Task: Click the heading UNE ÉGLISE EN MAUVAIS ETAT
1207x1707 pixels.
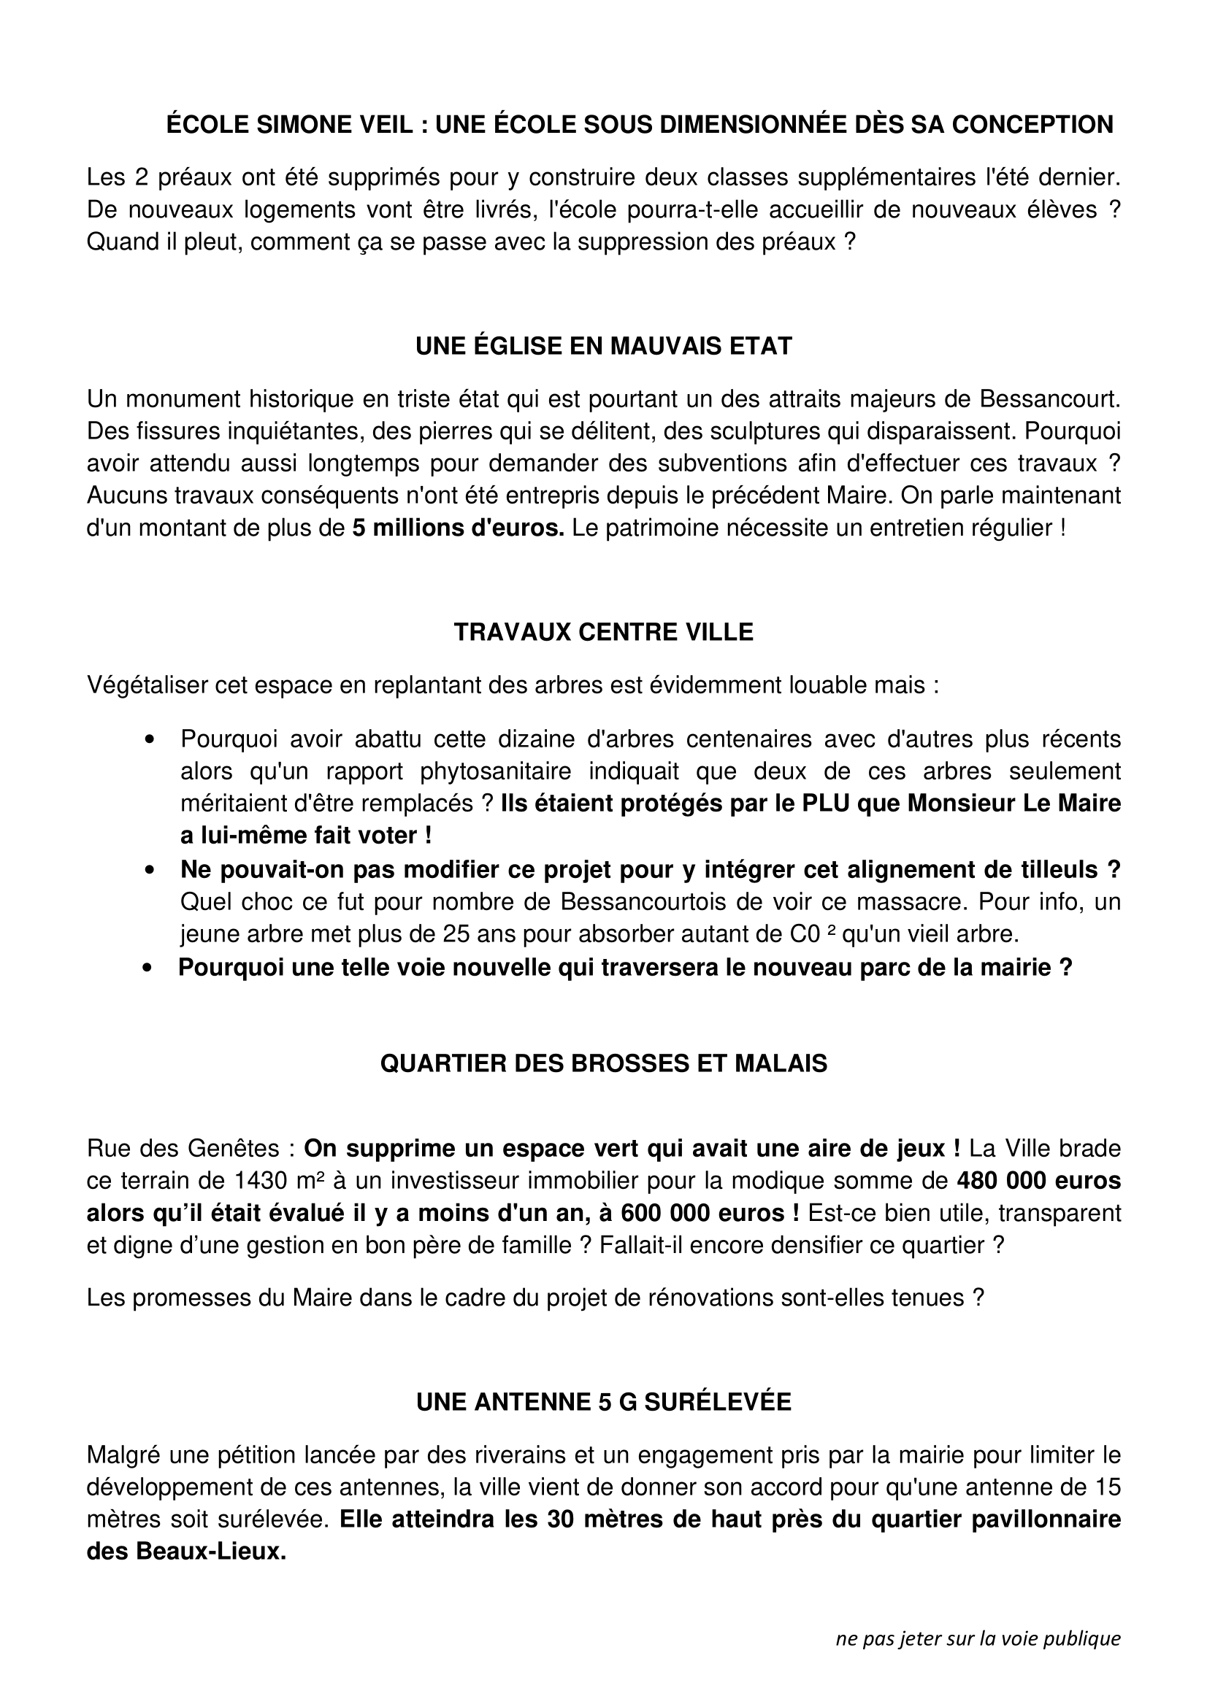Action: (x=603, y=347)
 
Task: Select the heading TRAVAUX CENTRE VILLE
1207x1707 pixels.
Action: (x=603, y=632)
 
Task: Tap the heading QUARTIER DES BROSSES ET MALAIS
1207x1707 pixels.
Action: (x=603, y=1064)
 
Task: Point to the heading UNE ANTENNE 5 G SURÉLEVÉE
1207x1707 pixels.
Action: (x=603, y=1402)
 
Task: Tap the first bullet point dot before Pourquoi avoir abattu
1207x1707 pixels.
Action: (x=150, y=740)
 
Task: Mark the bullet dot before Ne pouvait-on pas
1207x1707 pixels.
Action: (x=150, y=869)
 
